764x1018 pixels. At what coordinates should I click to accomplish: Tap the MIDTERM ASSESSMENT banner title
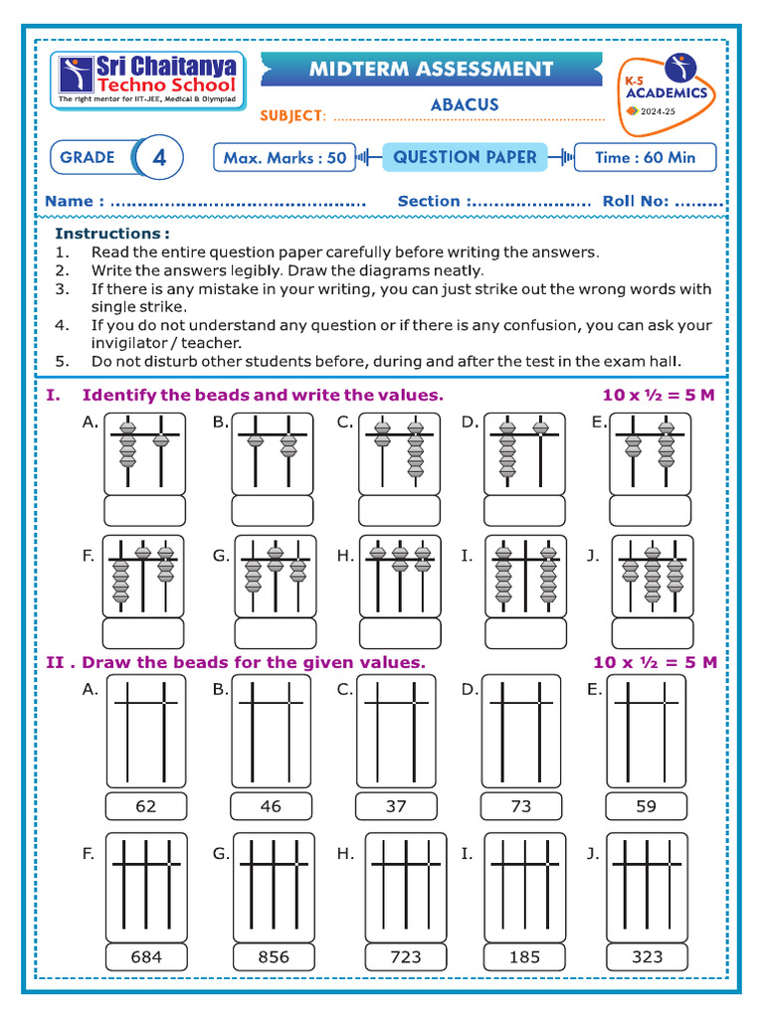(x=431, y=70)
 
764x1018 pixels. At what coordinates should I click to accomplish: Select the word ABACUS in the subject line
(x=465, y=104)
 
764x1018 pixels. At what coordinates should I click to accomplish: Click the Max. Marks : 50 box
(x=285, y=157)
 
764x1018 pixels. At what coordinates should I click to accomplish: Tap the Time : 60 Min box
(x=645, y=157)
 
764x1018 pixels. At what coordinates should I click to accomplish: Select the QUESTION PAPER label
(x=465, y=157)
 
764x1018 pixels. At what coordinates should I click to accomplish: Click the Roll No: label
(x=635, y=201)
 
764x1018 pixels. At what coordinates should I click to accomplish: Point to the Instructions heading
(x=111, y=233)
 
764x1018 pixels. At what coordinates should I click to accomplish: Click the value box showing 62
(x=146, y=806)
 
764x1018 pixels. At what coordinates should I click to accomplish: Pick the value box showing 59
(x=647, y=806)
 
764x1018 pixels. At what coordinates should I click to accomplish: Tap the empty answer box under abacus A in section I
(x=145, y=510)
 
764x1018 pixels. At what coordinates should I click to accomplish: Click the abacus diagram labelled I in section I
(x=524, y=577)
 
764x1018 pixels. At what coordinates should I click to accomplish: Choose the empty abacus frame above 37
(x=396, y=731)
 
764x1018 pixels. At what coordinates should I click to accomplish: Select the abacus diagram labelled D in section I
(x=524, y=452)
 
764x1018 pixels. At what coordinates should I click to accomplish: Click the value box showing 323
(x=647, y=956)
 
